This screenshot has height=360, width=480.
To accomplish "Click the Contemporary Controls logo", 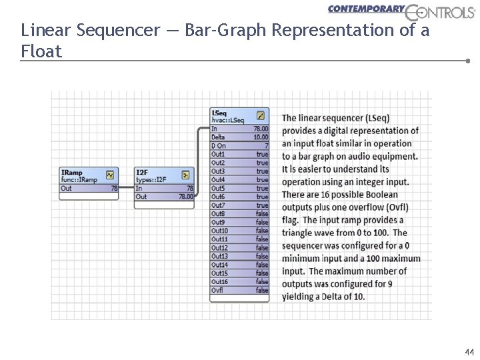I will (401, 10).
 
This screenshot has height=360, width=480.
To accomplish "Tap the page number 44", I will (469, 351).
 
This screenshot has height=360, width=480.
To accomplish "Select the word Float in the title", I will (41, 51).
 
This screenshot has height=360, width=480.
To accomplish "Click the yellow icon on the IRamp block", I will (110, 175).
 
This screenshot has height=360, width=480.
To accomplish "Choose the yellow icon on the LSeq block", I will (261, 115).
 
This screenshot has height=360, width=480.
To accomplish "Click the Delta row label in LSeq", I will (218, 137).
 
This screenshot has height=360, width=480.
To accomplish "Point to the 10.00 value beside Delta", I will (261, 137).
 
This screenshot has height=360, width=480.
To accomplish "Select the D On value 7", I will (266, 145).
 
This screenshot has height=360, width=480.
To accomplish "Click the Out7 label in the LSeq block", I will (218, 205).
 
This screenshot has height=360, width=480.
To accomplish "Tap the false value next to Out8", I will (262, 213).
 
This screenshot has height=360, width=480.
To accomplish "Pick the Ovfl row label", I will (217, 290).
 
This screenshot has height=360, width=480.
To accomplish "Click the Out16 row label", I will (219, 281).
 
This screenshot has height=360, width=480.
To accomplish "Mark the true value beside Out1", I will (262, 154).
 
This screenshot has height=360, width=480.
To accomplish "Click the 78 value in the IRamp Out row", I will (114, 189).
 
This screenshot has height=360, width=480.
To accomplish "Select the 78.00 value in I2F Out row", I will (185, 197).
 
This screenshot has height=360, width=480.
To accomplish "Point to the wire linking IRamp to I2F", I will (127, 189).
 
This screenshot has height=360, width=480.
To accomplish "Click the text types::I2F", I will (151, 179).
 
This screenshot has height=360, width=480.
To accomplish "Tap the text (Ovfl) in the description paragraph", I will (397, 207).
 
